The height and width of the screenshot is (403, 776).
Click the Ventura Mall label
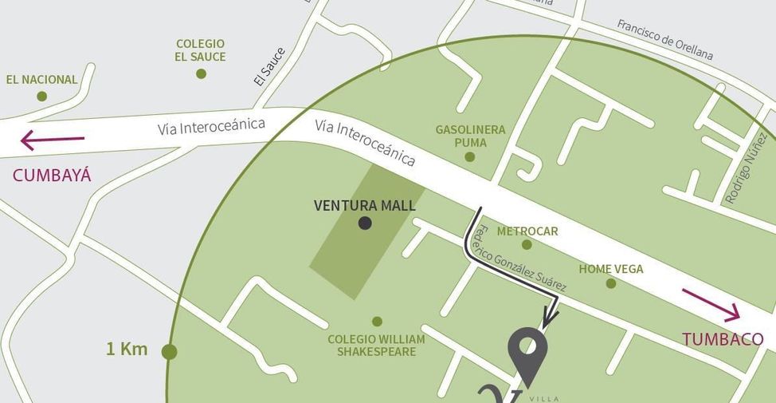pos(365,205)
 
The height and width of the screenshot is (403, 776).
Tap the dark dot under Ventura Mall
pos(365,223)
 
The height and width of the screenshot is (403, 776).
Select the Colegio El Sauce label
pos(201,50)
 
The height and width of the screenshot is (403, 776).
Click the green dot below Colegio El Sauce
pos(201,73)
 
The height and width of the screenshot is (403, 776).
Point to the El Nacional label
pos(42,80)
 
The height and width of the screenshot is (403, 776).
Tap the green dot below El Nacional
pos(41,97)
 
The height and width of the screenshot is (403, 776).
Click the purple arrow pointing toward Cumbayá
pos(52,140)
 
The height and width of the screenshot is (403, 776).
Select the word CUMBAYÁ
pos(52,176)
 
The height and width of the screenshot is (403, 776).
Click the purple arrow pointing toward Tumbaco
pos(711,305)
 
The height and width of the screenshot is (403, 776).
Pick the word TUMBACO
pos(723,339)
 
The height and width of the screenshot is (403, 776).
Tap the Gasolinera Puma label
pos(470,136)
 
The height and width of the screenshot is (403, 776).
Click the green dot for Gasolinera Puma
pos(470,157)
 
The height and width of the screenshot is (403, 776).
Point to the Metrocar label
pos(527,231)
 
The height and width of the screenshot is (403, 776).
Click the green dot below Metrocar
pos(527,245)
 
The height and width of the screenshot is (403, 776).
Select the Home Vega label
pos(611,269)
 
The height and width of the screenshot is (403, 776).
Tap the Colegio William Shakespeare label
pos(376,345)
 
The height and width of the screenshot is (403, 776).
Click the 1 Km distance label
pos(127,349)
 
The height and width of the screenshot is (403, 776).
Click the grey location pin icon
pos(527,351)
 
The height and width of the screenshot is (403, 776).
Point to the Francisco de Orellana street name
pos(665,39)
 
